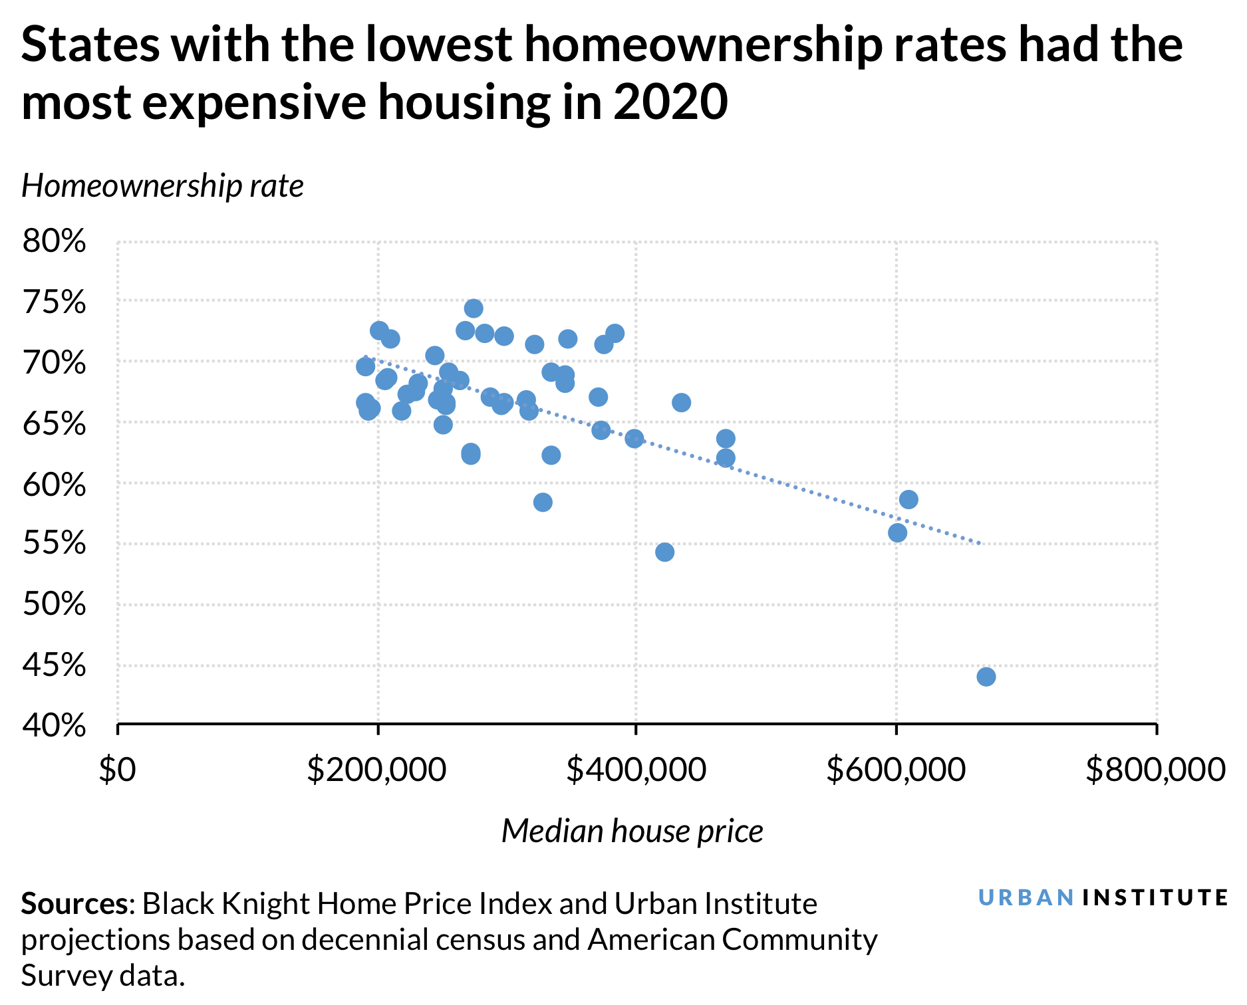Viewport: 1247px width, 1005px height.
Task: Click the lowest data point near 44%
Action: [x=986, y=677]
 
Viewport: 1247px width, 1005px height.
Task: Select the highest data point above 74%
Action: [x=474, y=308]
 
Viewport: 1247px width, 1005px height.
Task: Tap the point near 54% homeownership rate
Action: [x=664, y=552]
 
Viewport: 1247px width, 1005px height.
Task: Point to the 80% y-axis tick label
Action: [x=55, y=242]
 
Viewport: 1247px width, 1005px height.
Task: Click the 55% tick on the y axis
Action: [x=55, y=544]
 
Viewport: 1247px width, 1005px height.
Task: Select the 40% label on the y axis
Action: [x=55, y=726]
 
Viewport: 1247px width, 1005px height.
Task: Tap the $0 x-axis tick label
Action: [x=117, y=770]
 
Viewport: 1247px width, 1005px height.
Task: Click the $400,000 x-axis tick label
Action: [x=636, y=770]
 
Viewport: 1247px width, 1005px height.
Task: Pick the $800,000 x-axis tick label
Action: [x=1155, y=770]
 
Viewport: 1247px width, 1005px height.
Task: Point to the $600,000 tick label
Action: [x=896, y=770]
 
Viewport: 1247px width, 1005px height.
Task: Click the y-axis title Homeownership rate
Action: [x=163, y=186]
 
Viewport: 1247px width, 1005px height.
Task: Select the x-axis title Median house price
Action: [x=632, y=831]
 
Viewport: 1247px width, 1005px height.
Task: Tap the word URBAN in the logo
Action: [x=1026, y=898]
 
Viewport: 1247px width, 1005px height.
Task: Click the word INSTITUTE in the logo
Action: [x=1155, y=898]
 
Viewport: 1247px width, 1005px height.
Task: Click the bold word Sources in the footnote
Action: [x=74, y=904]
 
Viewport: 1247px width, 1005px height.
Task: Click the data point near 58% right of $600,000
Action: [x=908, y=499]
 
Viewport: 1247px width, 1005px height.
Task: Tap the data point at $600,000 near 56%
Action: [x=897, y=532]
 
